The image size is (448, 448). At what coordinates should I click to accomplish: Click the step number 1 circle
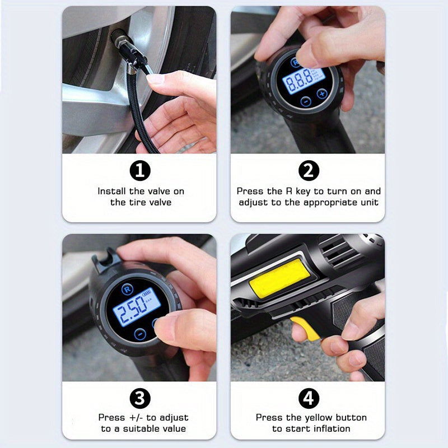(140, 170)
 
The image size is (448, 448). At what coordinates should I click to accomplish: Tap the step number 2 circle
(308, 170)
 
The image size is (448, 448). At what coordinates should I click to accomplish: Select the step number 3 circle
(140, 398)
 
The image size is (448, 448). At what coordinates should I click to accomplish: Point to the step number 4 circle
(308, 398)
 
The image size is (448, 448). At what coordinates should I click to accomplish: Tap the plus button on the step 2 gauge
(322, 94)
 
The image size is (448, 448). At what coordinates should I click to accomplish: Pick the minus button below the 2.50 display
(140, 334)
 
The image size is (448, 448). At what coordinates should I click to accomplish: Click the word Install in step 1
(111, 192)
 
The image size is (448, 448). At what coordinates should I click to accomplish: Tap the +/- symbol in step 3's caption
(134, 418)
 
